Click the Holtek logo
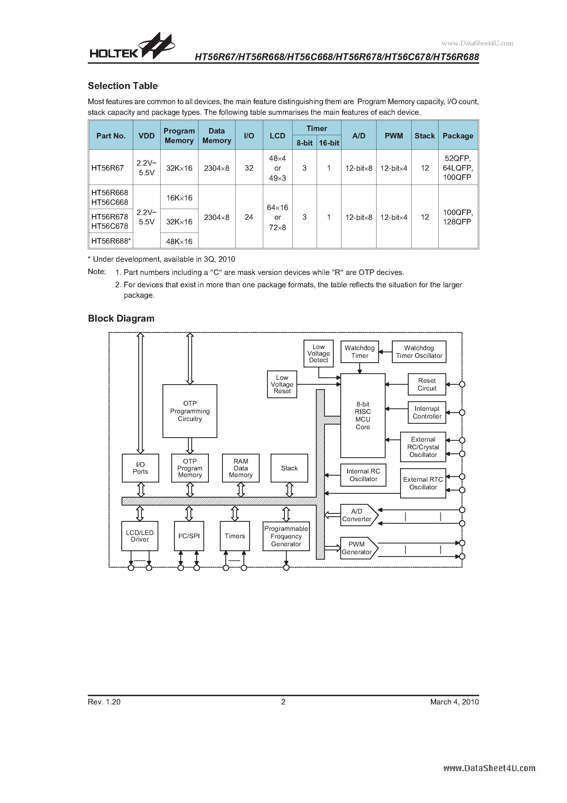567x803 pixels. pyautogui.click(x=132, y=47)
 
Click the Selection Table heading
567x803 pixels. pyautogui.click(x=123, y=86)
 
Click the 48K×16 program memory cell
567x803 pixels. pyautogui.click(x=179, y=241)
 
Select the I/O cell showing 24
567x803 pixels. pyautogui.click(x=249, y=217)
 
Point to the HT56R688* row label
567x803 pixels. pyautogui.click(x=111, y=241)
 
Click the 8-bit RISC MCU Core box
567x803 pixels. pyautogui.click(x=363, y=416)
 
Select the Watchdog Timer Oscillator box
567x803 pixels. pyautogui.click(x=419, y=352)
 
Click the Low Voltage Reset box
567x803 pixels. pyautogui.click(x=282, y=384)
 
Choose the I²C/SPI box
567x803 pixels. pyautogui.click(x=189, y=536)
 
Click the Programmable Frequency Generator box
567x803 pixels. pyautogui.click(x=286, y=536)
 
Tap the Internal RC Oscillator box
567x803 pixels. pyautogui.click(x=363, y=475)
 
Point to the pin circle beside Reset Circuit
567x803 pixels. pyautogui.click(x=462, y=384)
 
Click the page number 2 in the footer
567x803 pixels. pyautogui.click(x=283, y=702)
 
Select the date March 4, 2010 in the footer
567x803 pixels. pyautogui.click(x=454, y=702)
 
